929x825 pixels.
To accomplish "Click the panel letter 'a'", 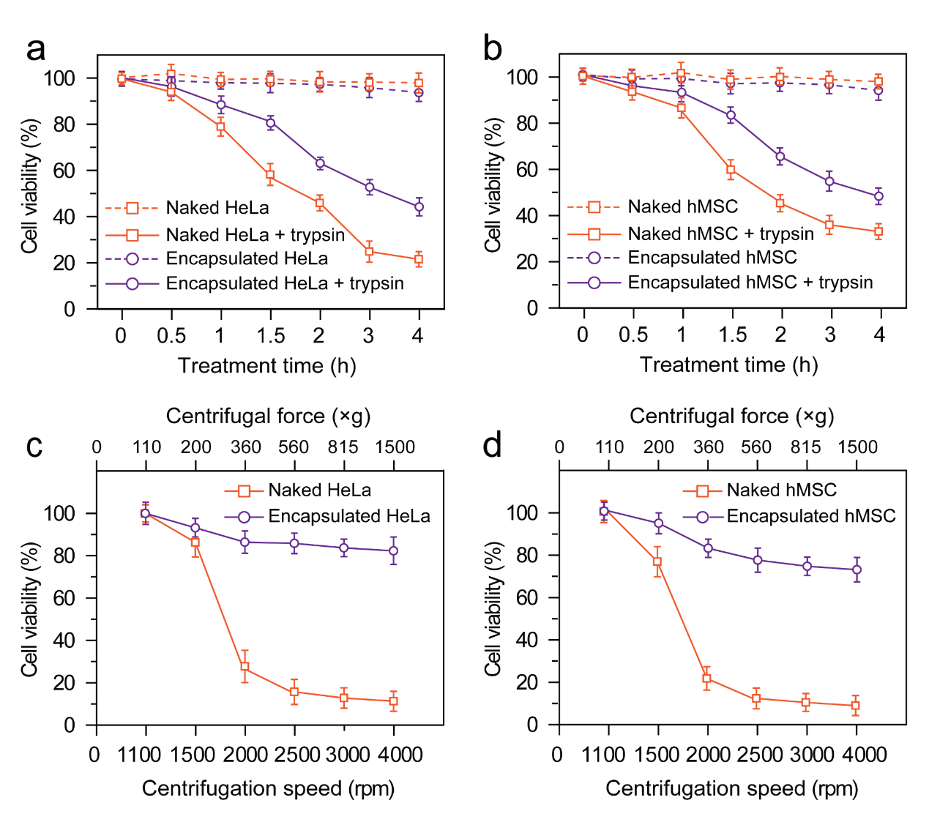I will tap(35, 50).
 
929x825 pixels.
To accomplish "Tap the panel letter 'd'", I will tap(493, 444).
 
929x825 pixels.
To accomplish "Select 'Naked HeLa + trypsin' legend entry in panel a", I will tap(255, 235).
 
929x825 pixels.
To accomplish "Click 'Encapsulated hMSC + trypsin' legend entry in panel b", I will tap(750, 283).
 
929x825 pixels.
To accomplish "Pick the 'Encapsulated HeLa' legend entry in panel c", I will tap(348, 517).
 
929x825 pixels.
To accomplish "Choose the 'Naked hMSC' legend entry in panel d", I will tap(781, 490).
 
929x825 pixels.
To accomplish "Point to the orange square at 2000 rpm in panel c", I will tap(245, 668).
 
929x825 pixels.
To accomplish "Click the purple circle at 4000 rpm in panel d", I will tap(857, 570).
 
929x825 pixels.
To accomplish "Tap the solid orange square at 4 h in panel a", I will tap(418, 259).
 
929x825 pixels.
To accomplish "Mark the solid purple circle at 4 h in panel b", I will tap(878, 196).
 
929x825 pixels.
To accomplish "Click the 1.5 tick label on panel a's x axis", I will tap(270, 336).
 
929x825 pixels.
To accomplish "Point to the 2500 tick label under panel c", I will tap(296, 755).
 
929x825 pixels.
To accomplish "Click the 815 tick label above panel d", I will tap(806, 447).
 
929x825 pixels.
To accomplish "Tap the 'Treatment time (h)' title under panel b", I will tap(728, 365).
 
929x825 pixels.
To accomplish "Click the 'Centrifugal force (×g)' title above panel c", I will tap(268, 417).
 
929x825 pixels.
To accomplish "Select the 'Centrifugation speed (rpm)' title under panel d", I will tap(731, 788).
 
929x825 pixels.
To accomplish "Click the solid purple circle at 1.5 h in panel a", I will tap(270, 122).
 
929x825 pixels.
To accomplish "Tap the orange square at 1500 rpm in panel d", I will tap(657, 562).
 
